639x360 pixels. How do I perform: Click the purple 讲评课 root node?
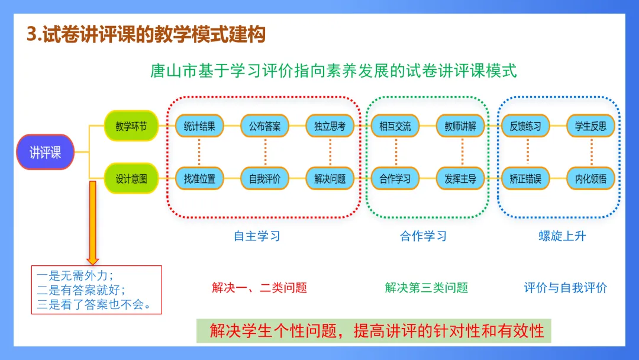[46, 152]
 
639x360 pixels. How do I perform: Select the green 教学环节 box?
[131, 126]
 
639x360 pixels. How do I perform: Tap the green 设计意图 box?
[131, 178]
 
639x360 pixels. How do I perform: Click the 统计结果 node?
[199, 126]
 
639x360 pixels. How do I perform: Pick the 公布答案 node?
[264, 126]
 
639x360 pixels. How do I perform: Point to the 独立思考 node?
[330, 126]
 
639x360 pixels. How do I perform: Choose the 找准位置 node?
[199, 178]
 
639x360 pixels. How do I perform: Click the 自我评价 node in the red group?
[264, 178]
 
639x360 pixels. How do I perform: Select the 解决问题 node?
[330, 178]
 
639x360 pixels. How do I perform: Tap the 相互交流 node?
[395, 126]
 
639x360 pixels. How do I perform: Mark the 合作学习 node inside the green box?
[395, 178]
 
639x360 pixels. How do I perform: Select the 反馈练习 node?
[525, 126]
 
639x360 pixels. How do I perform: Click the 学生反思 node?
[590, 126]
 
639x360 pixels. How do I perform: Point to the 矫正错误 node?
[525, 178]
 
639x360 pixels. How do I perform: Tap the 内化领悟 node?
[590, 178]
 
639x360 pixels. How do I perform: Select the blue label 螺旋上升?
[561, 236]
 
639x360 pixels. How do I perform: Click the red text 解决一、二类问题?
[259, 288]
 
